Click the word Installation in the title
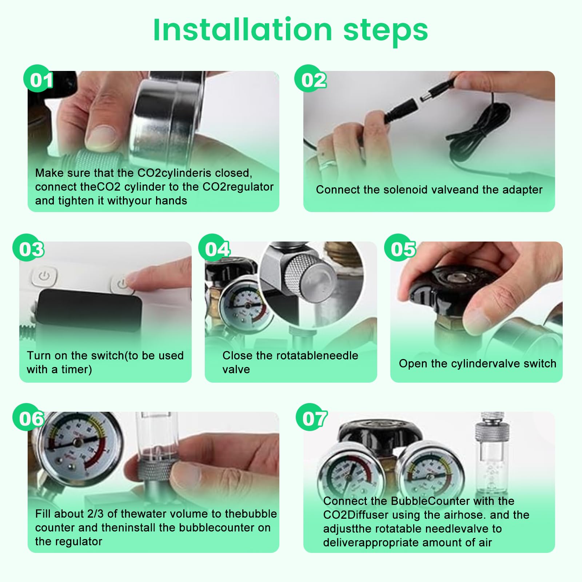243,29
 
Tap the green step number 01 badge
37,79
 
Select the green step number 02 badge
310,79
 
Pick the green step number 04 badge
214,248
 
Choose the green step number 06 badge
28,417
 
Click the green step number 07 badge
311,417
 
